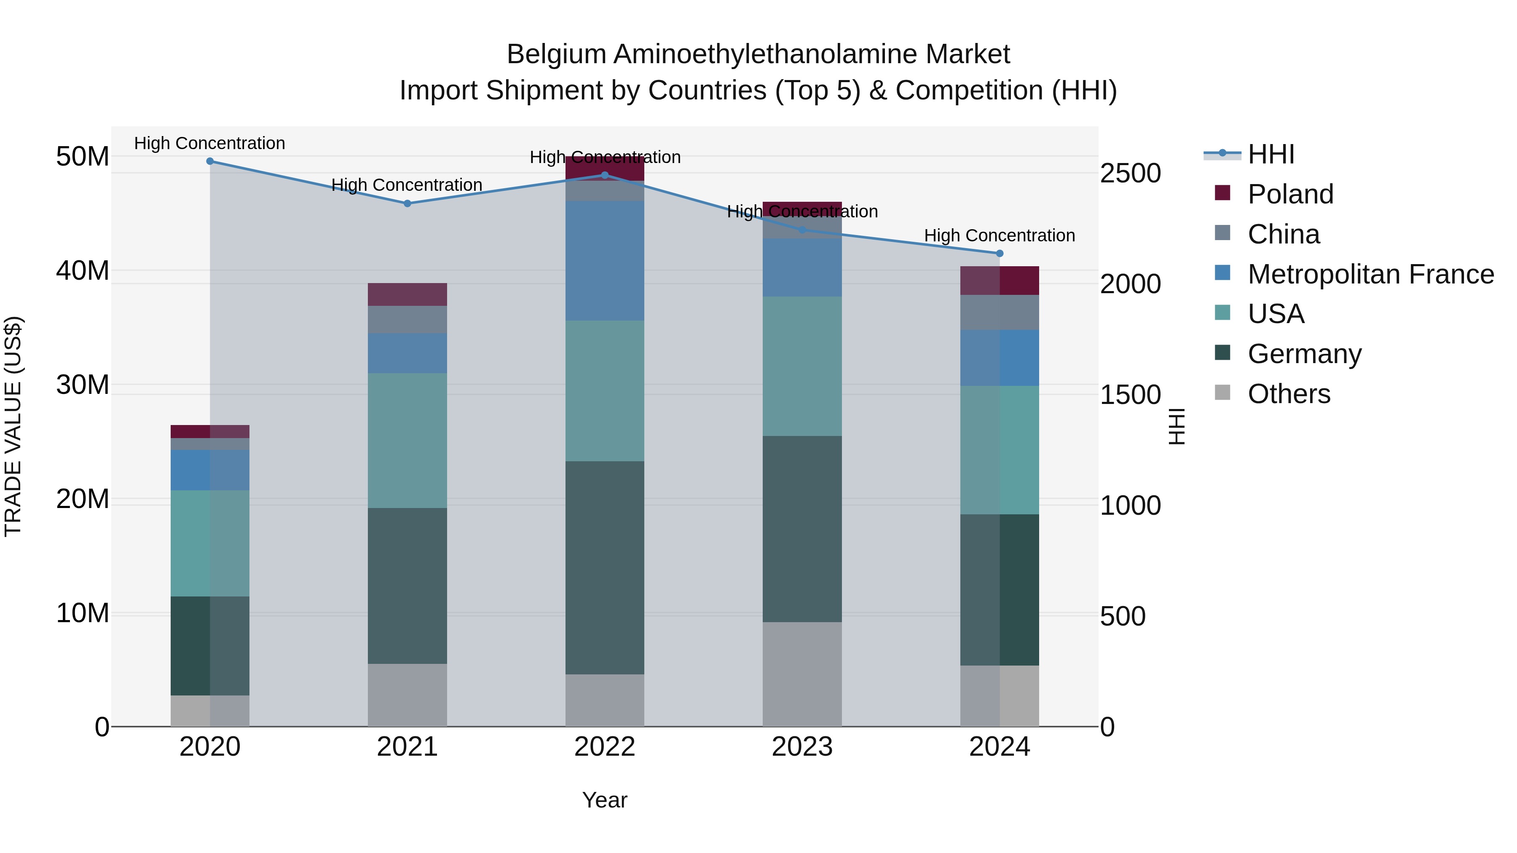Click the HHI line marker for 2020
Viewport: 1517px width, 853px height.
pyautogui.click(x=210, y=161)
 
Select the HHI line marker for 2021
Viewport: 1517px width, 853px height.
pyautogui.click(x=407, y=204)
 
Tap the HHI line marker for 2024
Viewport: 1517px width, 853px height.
pyautogui.click(x=1000, y=254)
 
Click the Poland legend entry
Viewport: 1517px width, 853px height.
pyautogui.click(x=1290, y=194)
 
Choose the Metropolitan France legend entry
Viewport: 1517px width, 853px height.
pyautogui.click(x=1370, y=274)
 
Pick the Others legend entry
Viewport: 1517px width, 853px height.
pyautogui.click(x=1289, y=394)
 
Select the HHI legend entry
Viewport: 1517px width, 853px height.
pyautogui.click(x=1271, y=154)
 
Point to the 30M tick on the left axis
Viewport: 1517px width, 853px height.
pyautogui.click(x=83, y=385)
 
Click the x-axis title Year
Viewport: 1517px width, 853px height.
pyautogui.click(x=604, y=800)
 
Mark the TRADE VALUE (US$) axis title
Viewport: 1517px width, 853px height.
pyautogui.click(x=13, y=426)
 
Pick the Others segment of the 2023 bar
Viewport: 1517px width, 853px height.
pyautogui.click(x=801, y=674)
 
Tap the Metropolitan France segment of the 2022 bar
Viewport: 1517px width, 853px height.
pyautogui.click(x=604, y=260)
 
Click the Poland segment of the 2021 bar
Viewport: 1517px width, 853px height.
pyautogui.click(x=407, y=294)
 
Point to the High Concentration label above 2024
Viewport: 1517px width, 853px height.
pyautogui.click(x=1000, y=235)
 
